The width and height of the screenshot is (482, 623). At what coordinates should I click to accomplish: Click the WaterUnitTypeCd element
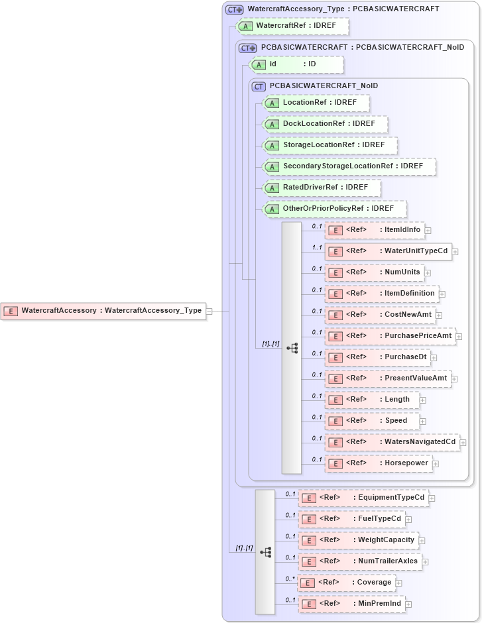click(388, 251)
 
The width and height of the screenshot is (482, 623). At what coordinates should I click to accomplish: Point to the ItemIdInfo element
click(374, 230)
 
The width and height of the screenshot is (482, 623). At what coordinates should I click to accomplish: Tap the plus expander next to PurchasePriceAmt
click(459, 337)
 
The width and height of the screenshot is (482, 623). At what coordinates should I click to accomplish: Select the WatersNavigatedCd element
click(392, 442)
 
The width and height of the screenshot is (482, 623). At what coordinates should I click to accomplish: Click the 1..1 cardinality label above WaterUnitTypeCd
click(317, 247)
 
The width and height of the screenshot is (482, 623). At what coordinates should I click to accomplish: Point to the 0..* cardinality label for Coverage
click(290, 579)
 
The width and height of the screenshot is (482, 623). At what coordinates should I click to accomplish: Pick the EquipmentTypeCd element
click(363, 498)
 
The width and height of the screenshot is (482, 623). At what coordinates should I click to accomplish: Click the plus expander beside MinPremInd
click(408, 604)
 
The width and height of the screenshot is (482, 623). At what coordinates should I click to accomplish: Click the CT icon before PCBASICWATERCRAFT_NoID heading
click(259, 86)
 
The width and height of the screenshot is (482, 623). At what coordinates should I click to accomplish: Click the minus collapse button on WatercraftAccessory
click(209, 310)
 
